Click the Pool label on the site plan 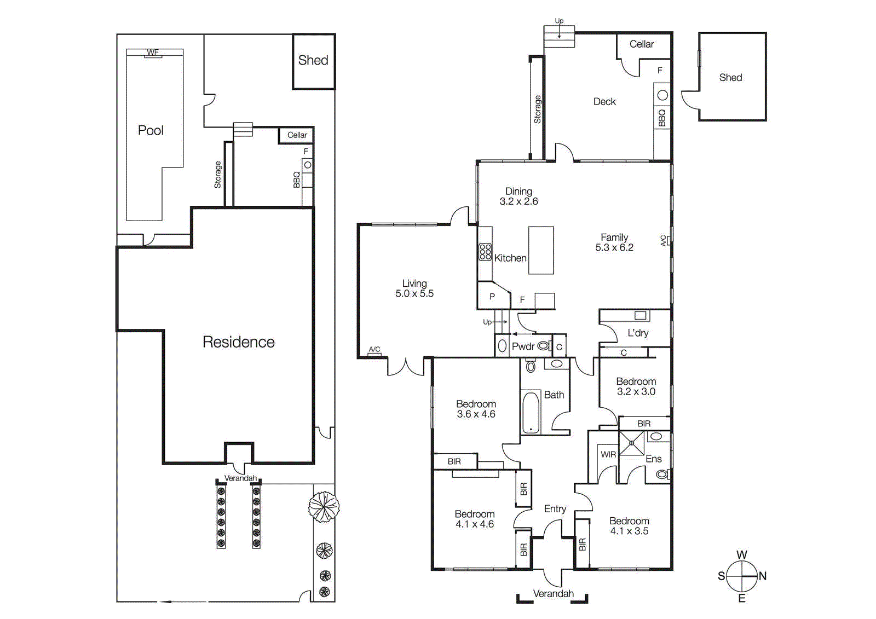pyautogui.click(x=151, y=130)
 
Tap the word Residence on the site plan pyautogui.click(x=239, y=342)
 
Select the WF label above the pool pyautogui.click(x=153, y=53)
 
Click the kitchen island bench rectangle pyautogui.click(x=541, y=250)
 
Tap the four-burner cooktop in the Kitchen pyautogui.click(x=485, y=252)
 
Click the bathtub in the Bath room pyautogui.click(x=530, y=413)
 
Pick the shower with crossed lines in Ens pyautogui.click(x=632, y=443)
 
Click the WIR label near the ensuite pyautogui.click(x=608, y=454)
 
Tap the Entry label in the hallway pyautogui.click(x=555, y=509)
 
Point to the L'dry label pyautogui.click(x=638, y=333)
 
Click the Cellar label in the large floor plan pyautogui.click(x=641, y=44)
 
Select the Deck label pyautogui.click(x=604, y=102)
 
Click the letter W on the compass pyautogui.click(x=742, y=555)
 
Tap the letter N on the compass pyautogui.click(x=763, y=576)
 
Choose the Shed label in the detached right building pyautogui.click(x=730, y=78)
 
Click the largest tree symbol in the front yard pyautogui.click(x=324, y=507)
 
